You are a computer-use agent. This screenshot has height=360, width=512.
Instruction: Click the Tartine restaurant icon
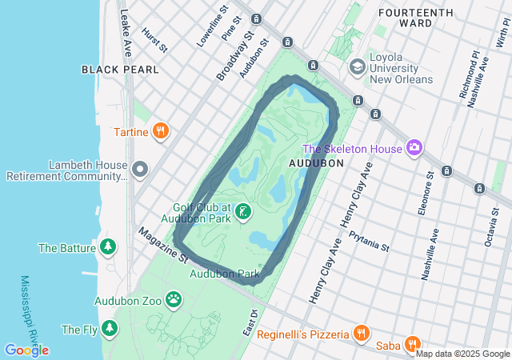(161, 130)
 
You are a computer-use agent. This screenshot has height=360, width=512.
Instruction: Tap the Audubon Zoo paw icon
(174, 300)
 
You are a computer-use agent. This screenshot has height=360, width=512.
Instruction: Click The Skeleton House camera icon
(414, 146)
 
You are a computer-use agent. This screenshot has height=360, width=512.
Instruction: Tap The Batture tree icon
(108, 247)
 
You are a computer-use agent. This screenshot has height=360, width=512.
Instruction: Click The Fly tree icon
(108, 328)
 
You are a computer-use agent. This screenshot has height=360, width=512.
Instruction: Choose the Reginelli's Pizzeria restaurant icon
(362, 333)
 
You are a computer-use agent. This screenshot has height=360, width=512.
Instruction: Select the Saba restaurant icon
(413, 345)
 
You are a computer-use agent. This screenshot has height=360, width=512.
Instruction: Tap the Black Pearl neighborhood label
(120, 70)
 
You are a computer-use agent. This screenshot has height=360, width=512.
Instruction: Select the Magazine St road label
(162, 245)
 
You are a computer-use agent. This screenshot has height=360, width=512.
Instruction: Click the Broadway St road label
(234, 57)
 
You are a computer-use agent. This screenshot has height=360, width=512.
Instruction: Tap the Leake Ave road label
(125, 32)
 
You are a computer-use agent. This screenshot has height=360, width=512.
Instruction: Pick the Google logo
(26, 350)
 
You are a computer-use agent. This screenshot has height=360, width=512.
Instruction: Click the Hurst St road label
(154, 41)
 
